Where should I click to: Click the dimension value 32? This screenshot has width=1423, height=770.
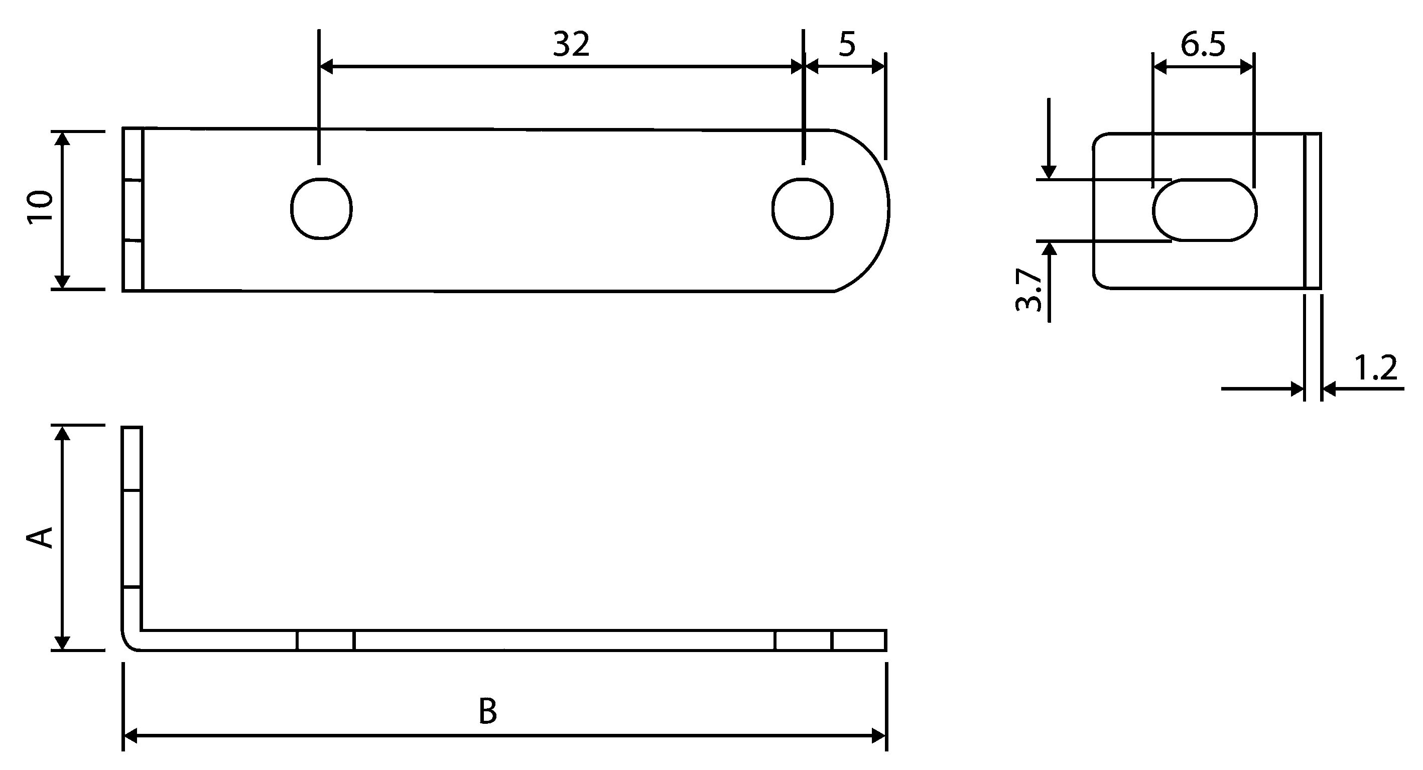point(571,44)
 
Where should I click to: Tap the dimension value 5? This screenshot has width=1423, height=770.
point(847,44)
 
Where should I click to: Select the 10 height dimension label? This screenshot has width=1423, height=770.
point(40,206)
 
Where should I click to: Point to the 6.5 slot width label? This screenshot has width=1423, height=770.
point(1203,44)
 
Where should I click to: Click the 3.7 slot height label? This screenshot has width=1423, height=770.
point(1028,290)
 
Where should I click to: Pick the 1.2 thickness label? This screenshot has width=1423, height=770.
point(1375,368)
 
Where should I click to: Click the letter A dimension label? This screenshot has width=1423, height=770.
point(40,538)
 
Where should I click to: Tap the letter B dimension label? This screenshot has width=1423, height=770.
point(488,711)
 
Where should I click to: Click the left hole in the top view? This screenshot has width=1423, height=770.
point(322,208)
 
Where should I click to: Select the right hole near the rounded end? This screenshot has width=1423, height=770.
point(803,208)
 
